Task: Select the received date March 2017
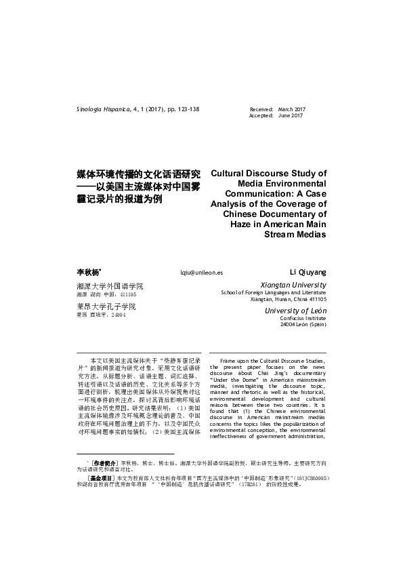tap(292, 109)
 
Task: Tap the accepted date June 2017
tap(291, 115)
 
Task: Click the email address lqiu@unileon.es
tap(201, 272)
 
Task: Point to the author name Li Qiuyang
tap(308, 271)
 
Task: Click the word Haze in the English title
tap(234, 223)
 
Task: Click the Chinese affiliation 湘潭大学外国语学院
tap(114, 286)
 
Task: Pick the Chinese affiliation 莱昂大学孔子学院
tap(110, 307)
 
